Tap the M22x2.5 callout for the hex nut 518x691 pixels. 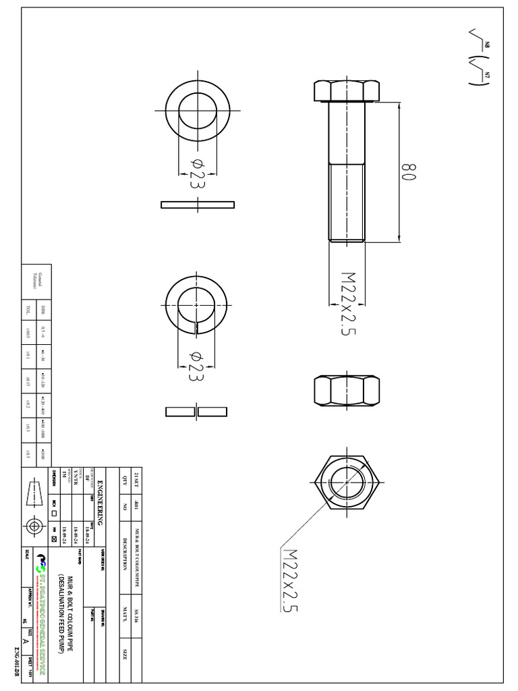[289, 580]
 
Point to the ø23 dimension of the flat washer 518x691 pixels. [197, 173]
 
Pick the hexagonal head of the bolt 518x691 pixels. [347, 90]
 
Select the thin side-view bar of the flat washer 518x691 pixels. [198, 204]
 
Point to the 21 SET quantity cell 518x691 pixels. [138, 479]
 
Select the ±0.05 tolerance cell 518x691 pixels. [28, 330]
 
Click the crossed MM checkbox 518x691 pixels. [54, 539]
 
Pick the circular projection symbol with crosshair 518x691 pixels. [34, 527]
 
